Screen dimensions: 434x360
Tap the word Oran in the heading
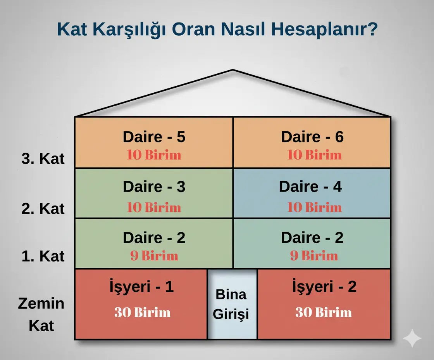193,29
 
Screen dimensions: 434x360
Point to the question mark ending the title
373,29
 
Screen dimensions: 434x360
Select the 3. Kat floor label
43,159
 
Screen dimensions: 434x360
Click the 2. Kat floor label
43,208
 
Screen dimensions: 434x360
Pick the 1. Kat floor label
43,256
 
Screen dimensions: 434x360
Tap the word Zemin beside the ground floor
41,303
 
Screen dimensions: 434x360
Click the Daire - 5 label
154,137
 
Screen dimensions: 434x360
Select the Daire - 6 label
312,137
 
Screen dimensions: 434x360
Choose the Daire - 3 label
154,187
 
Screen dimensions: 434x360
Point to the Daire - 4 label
310,187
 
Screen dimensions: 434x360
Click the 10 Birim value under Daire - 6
314,155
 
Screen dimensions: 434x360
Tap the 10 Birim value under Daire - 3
154,207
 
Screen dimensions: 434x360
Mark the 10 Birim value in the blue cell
314,207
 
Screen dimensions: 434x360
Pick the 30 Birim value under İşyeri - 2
324,312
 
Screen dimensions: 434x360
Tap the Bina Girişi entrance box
232,304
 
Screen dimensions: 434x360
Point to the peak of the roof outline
233,70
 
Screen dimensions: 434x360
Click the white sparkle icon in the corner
412,338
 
